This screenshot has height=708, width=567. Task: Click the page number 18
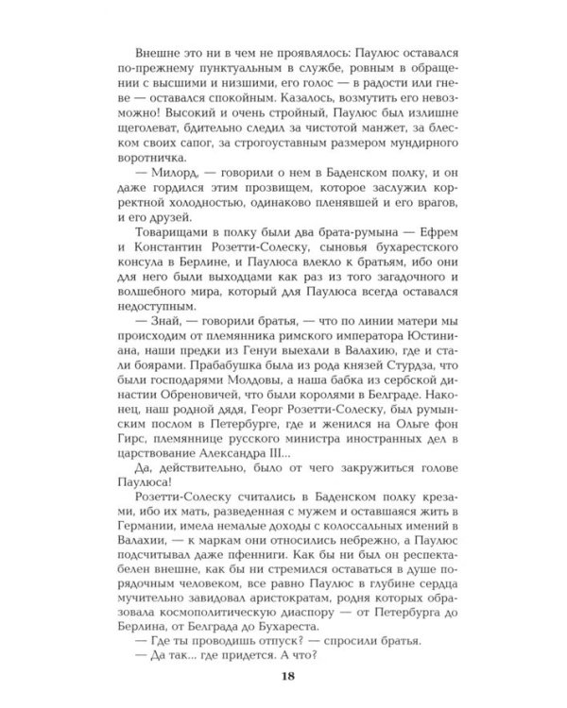click(x=283, y=674)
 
